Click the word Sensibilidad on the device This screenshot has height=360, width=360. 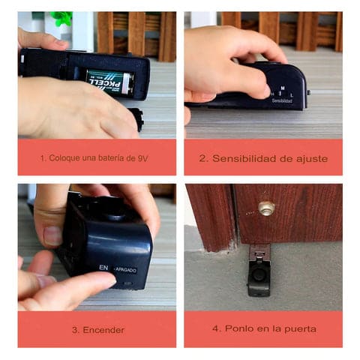(x=282, y=100)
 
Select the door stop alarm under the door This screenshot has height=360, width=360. (x=259, y=271)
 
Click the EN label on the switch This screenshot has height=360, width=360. (x=103, y=266)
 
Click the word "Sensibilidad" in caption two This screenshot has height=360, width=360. (x=245, y=157)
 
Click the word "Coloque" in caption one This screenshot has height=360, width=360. (x=64, y=157)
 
